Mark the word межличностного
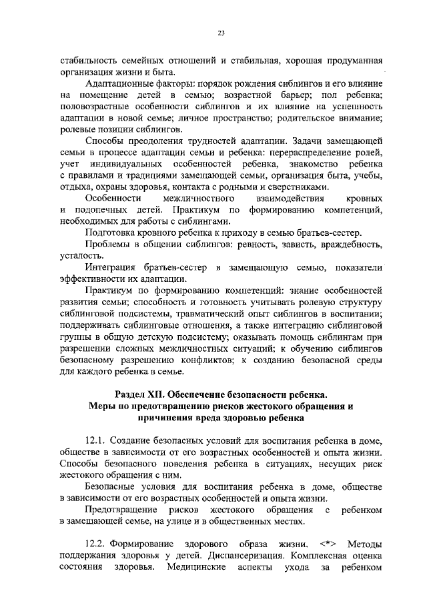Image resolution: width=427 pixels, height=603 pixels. [201, 199]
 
